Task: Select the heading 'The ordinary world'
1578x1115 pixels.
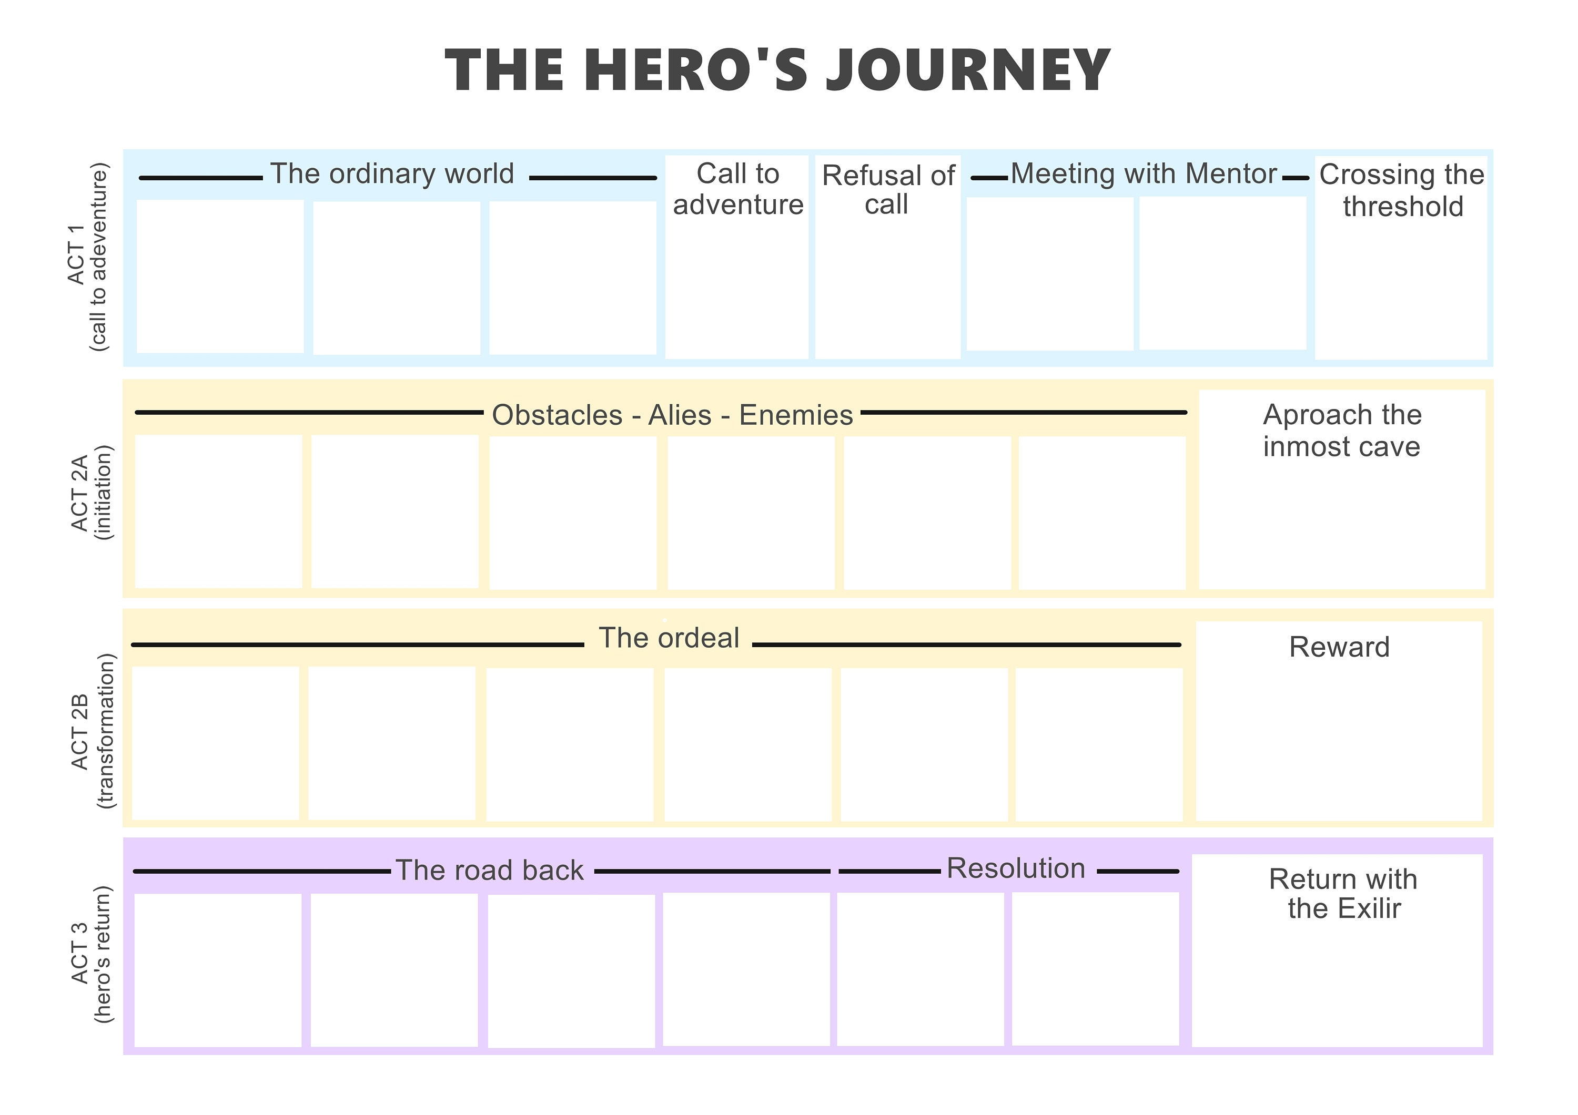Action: (392, 174)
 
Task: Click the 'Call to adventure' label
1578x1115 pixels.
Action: (737, 189)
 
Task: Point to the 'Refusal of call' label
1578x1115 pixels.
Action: (888, 190)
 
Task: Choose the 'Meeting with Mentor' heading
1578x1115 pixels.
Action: (1144, 174)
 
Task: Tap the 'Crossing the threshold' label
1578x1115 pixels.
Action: (1402, 190)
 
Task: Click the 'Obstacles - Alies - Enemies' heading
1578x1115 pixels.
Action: (672, 415)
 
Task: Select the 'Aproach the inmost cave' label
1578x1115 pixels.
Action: (1342, 431)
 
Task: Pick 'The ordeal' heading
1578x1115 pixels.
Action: (669, 638)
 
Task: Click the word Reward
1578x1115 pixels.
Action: (1339, 647)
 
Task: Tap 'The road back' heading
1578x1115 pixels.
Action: (489, 871)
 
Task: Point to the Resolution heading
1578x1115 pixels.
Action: (1016, 868)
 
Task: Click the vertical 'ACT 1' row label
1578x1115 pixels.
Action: (76, 254)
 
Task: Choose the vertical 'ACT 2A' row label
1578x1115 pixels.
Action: (80, 493)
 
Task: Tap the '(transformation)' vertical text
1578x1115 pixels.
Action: (106, 731)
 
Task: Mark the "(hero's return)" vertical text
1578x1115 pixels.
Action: (103, 955)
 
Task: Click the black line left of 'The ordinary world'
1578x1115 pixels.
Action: (201, 178)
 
